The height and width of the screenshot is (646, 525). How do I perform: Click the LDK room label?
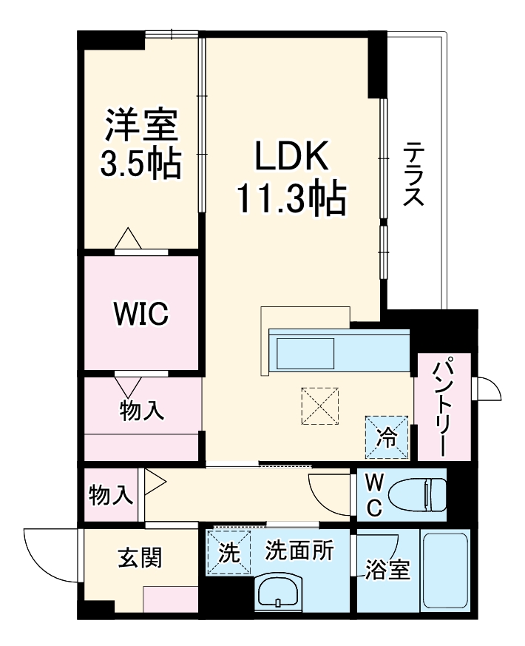coord(291,155)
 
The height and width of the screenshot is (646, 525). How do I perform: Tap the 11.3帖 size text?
coord(291,198)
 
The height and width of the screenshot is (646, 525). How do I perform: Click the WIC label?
coord(140,314)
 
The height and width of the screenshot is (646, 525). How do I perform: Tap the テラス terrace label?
coord(413,175)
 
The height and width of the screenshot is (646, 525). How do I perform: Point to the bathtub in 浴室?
coord(444,571)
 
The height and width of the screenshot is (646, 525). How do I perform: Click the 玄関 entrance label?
coord(140,557)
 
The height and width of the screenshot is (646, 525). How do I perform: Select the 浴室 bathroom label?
coord(387,571)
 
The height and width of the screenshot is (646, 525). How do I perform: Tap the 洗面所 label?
coord(299,551)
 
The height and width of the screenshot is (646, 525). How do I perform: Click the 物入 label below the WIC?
coord(142,411)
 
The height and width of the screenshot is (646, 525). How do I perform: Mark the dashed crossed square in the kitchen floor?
coord(319,406)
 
